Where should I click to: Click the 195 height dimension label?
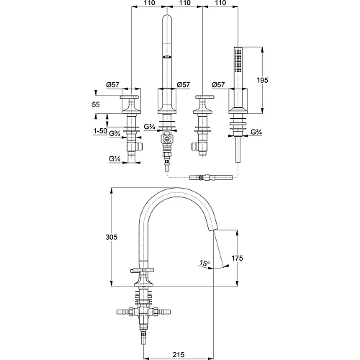click(x=262, y=80)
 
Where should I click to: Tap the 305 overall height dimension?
click(x=112, y=237)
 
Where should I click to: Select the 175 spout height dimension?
click(x=237, y=258)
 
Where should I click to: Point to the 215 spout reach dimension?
click(x=179, y=354)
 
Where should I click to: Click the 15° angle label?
click(x=204, y=263)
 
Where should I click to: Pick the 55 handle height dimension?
click(x=96, y=104)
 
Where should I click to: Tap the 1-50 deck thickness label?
click(x=100, y=131)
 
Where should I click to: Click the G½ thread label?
click(x=114, y=158)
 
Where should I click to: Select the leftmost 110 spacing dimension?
click(x=149, y=3)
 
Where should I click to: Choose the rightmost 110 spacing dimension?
click(x=220, y=3)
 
